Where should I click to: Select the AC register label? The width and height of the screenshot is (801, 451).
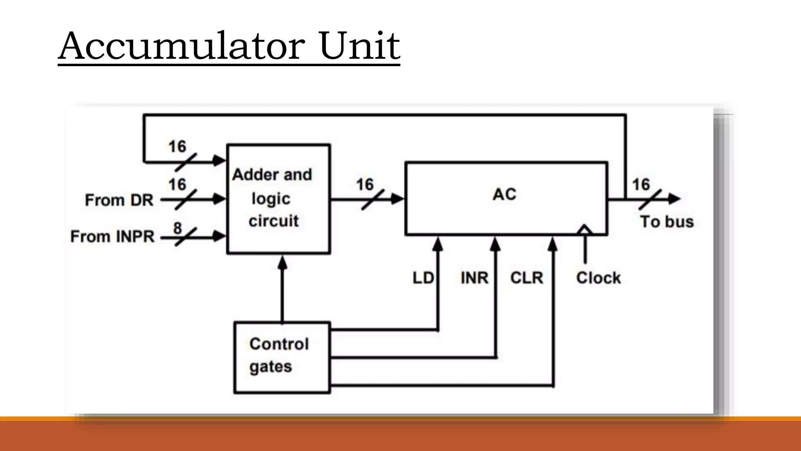pos(505,194)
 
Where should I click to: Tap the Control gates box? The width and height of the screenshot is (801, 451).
pos(282,357)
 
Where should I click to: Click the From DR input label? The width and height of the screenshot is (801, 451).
pos(119,200)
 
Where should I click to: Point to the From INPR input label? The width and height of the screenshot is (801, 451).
pos(113,236)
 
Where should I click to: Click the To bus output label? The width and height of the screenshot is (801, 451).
pos(667,222)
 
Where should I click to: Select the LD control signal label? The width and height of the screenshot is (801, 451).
pos(423,278)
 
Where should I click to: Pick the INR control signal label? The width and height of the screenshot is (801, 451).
pos(474,278)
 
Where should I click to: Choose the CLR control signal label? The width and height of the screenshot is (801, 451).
pos(526,278)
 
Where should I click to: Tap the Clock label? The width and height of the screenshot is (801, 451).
pos(598,278)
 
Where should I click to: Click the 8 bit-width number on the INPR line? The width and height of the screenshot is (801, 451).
pos(178,227)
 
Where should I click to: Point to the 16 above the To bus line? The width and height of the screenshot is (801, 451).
pos(641,184)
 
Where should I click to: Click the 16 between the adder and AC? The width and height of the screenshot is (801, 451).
pos(365,184)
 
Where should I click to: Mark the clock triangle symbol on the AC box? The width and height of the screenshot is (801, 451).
pos(585,230)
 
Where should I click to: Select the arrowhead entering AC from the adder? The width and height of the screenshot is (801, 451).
pos(398,199)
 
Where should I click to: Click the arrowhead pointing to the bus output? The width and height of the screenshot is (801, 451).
pos(674,199)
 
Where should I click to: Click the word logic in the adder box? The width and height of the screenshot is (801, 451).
pos(271,199)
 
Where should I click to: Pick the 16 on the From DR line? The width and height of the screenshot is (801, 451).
pos(177,184)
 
